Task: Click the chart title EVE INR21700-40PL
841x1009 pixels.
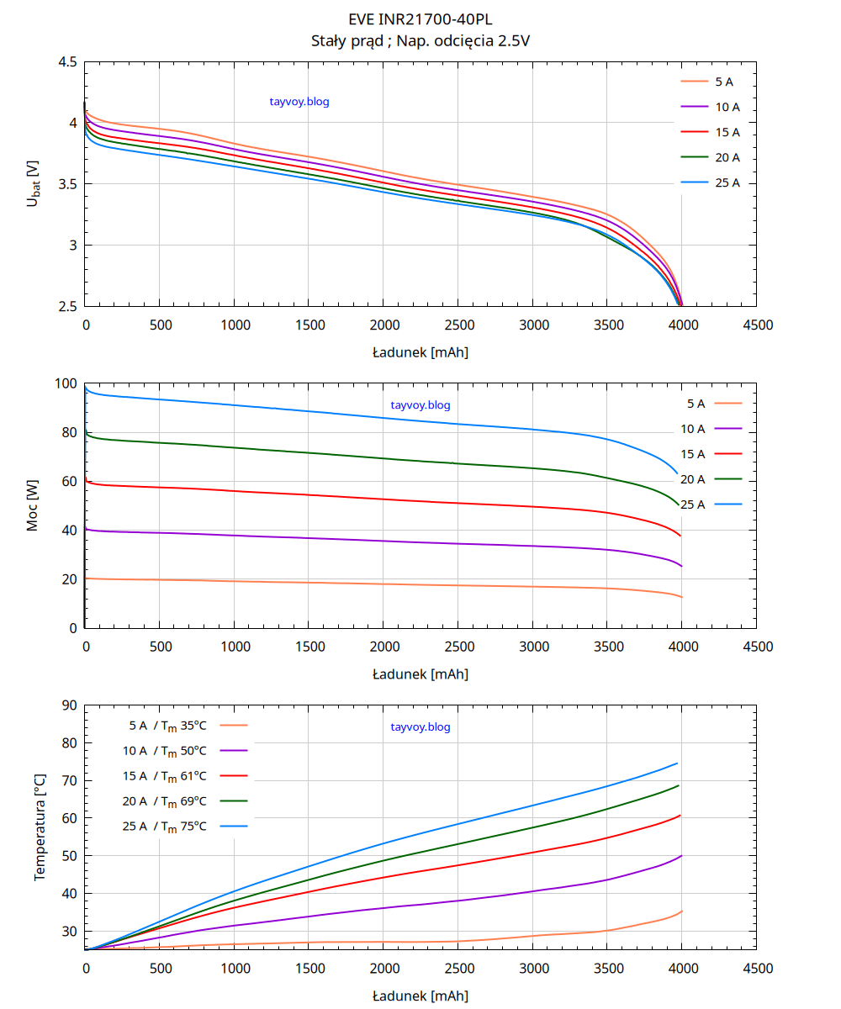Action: coord(420,18)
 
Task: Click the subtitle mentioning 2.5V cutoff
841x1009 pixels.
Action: coord(420,40)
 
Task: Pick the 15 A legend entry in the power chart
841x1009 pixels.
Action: coord(711,454)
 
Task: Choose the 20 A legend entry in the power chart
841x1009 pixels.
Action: coord(711,479)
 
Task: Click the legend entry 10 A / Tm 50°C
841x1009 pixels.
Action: coord(184,750)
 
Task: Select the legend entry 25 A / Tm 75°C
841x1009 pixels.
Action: coord(184,826)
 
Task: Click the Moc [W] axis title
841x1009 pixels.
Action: coord(33,506)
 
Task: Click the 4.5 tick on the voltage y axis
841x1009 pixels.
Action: coord(68,62)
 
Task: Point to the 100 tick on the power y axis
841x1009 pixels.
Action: coord(66,384)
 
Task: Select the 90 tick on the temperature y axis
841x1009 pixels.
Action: coord(69,705)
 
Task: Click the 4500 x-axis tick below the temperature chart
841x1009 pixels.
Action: coord(758,969)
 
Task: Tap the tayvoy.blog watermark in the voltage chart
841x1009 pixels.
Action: coord(299,102)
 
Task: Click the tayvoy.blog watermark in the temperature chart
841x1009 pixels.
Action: coord(420,727)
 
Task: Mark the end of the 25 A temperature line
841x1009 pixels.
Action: coord(677,763)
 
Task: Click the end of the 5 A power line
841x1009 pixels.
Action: coord(681,597)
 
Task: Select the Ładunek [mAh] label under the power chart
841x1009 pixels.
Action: coord(420,674)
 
